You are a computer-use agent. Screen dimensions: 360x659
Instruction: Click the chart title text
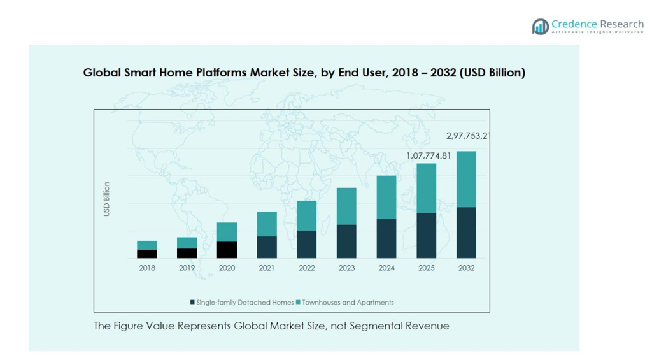coord(304,73)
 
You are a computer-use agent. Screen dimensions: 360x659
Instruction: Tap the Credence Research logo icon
coord(541,26)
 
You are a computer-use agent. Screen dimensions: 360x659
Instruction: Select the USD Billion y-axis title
coord(107,199)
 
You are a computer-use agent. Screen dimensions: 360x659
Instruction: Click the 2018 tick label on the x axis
coord(147,268)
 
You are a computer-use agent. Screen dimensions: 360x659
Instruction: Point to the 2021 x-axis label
coord(267,268)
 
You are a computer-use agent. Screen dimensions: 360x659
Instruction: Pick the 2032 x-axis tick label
coord(466,268)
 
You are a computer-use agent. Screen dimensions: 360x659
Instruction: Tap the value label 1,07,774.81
coord(429,155)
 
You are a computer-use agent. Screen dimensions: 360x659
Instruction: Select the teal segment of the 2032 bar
coord(466,179)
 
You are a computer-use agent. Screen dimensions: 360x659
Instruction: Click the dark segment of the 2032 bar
coord(466,233)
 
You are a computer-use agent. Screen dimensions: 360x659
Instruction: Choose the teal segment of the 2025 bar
coord(427,188)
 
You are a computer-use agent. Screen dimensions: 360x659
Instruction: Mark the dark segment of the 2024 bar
coord(386,238)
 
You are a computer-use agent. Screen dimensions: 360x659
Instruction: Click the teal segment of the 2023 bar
coord(346,206)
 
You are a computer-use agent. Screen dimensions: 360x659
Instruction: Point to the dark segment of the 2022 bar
coord(307,244)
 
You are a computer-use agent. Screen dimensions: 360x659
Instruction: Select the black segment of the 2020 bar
coord(227,250)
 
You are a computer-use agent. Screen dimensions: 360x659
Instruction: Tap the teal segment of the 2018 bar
coord(147,245)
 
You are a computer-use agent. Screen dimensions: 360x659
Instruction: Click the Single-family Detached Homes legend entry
coord(242,303)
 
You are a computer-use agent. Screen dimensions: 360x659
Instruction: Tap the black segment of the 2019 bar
coord(187,253)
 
